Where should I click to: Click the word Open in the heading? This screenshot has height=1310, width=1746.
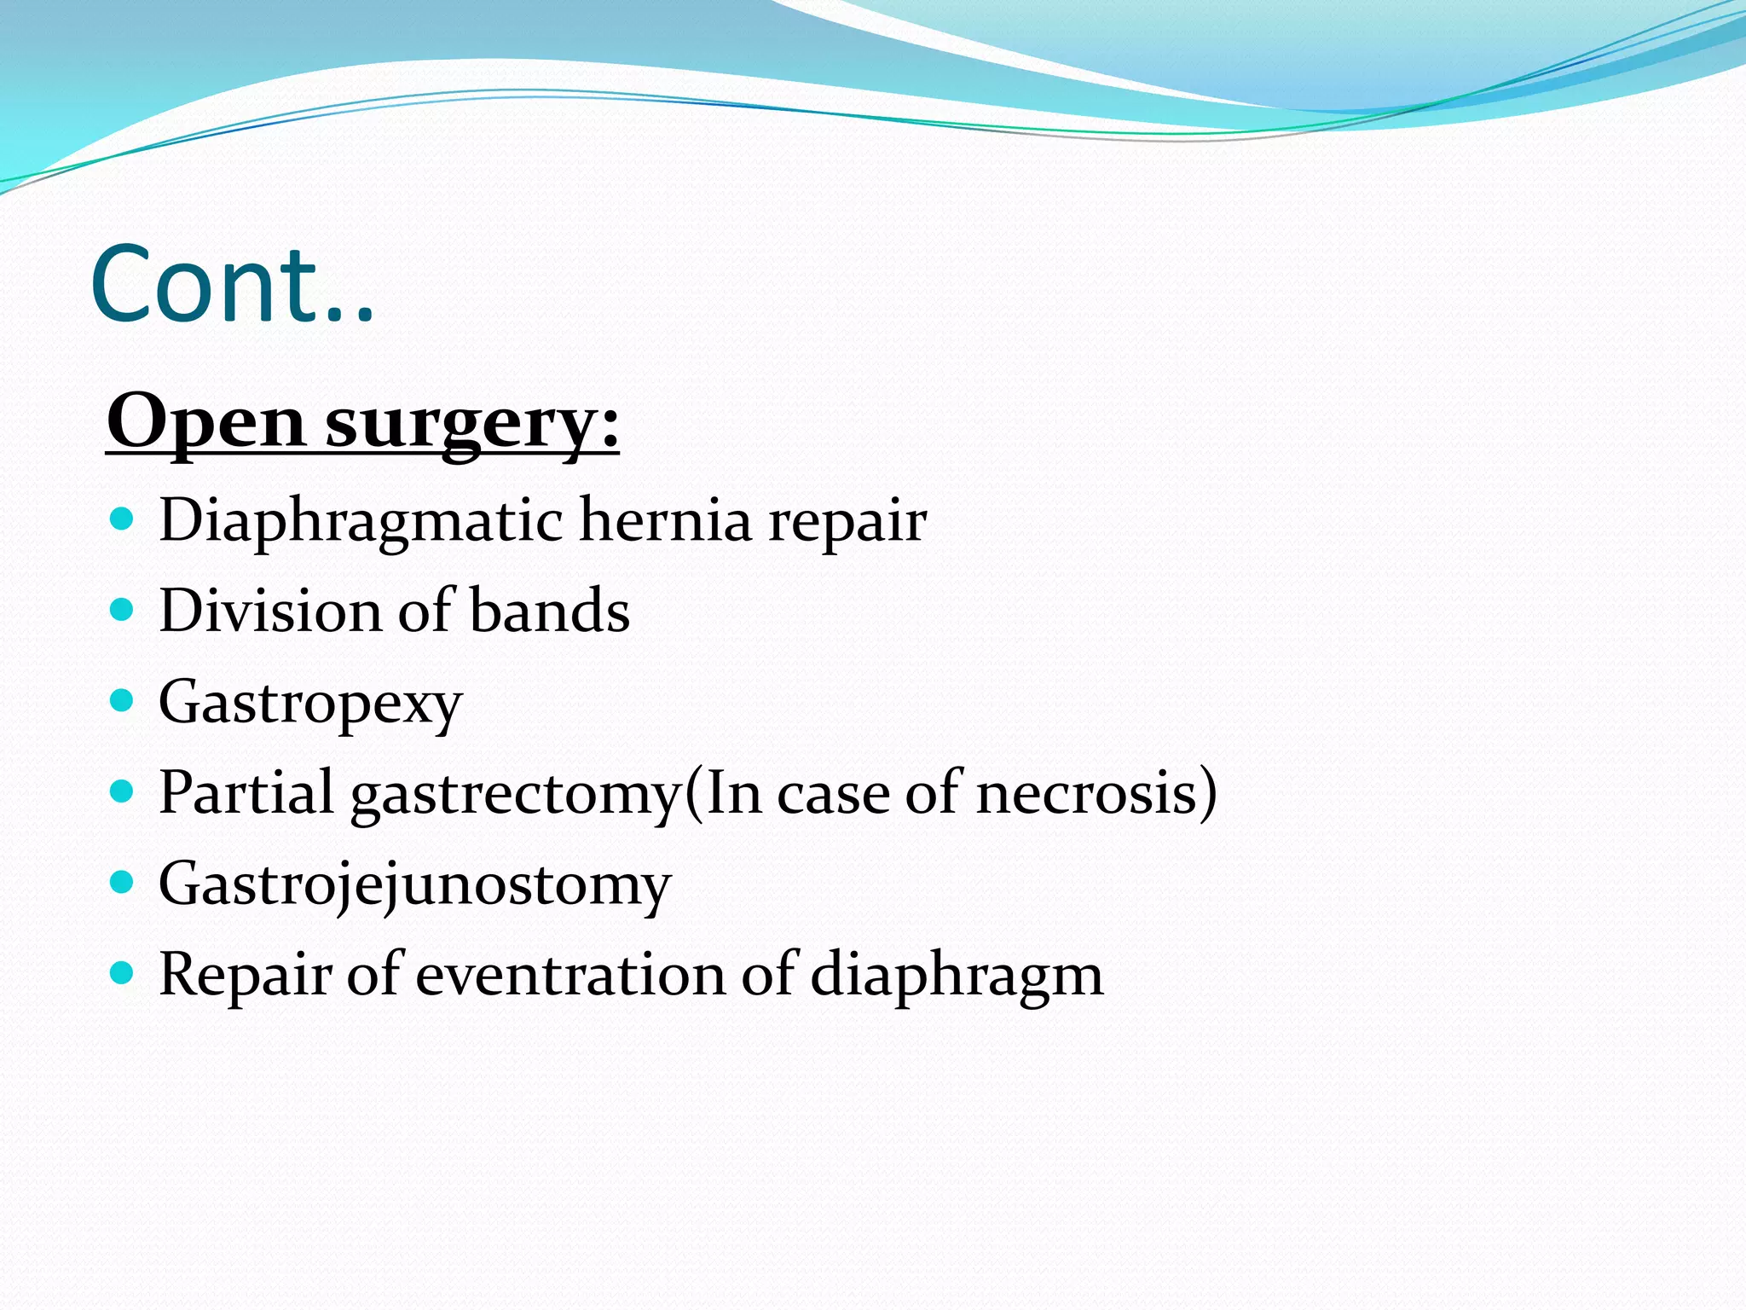[205, 423]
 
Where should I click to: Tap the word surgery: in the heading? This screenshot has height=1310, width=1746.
[472, 423]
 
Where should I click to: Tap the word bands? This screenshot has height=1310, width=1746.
[550, 611]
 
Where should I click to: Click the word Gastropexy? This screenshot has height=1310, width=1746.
[310, 703]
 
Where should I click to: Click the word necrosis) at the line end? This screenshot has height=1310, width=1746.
[1096, 793]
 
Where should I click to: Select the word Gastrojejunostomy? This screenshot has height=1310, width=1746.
[415, 884]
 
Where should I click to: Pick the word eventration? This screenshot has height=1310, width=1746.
[569, 975]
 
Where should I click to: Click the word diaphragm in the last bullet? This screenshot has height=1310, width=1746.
[957, 975]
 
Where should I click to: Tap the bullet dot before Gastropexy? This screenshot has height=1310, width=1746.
[123, 701]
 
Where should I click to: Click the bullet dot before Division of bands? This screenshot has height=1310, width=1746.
[123, 610]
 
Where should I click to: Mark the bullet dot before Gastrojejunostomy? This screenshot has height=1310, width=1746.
[123, 883]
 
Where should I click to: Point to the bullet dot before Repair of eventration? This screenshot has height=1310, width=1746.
[123, 973]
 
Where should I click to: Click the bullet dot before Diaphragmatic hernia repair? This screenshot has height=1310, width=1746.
[123, 519]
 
